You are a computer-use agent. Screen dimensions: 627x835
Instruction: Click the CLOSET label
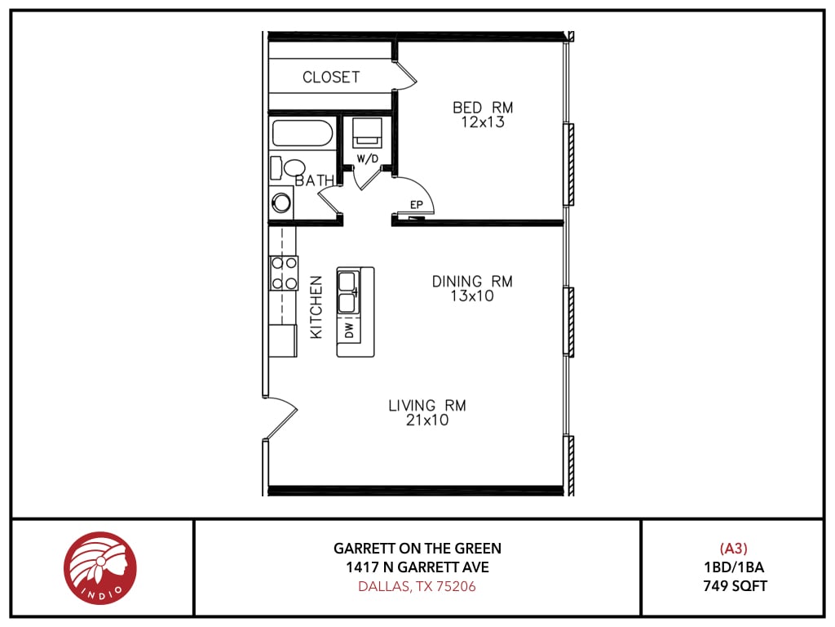click(x=331, y=78)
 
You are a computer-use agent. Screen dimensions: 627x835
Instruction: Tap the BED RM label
click(x=483, y=108)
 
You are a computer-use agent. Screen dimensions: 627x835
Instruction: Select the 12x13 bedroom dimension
click(x=483, y=123)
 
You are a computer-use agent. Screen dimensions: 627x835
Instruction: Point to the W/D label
click(x=368, y=159)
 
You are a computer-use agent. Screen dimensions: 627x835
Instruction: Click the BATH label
click(x=314, y=180)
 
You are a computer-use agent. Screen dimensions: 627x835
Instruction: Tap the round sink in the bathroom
click(x=282, y=202)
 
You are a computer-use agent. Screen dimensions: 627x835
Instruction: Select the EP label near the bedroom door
click(x=415, y=206)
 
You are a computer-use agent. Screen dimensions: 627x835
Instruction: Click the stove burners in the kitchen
click(x=284, y=273)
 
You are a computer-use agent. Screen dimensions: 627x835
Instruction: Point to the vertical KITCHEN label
click(x=316, y=307)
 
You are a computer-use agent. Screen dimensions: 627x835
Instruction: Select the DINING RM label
click(x=472, y=282)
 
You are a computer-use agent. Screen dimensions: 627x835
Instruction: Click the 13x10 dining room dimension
click(x=472, y=296)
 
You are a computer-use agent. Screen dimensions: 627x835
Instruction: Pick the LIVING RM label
click(x=427, y=406)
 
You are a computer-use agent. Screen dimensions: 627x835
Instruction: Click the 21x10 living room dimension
click(x=427, y=421)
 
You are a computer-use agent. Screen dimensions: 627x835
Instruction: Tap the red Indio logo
click(x=100, y=568)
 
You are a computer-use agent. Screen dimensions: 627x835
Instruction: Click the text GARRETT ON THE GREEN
click(x=417, y=549)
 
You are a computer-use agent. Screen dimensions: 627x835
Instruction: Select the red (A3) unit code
click(x=733, y=549)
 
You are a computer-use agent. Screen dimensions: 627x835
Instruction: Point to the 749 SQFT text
click(x=734, y=585)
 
